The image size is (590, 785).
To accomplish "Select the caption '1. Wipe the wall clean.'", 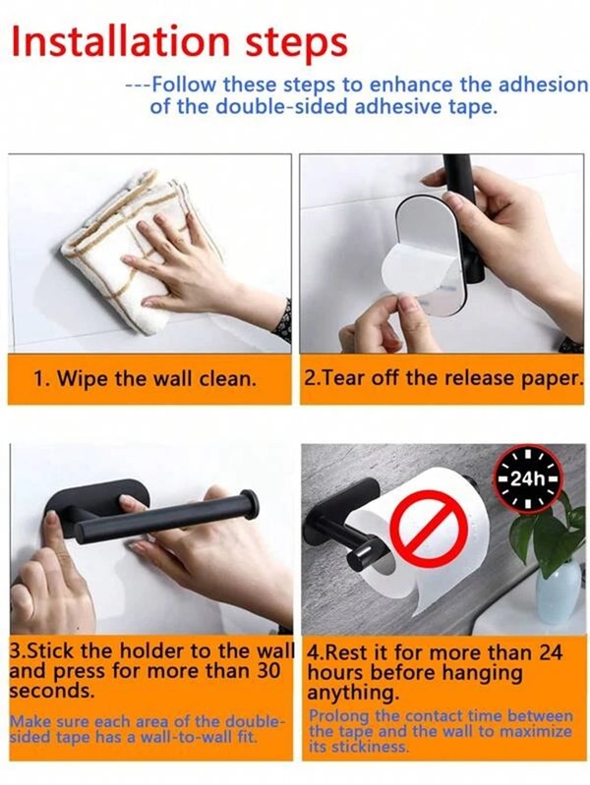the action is coord(145,378).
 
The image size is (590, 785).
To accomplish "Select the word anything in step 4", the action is coord(353,694).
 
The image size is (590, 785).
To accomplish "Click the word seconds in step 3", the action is coord(52,691).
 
